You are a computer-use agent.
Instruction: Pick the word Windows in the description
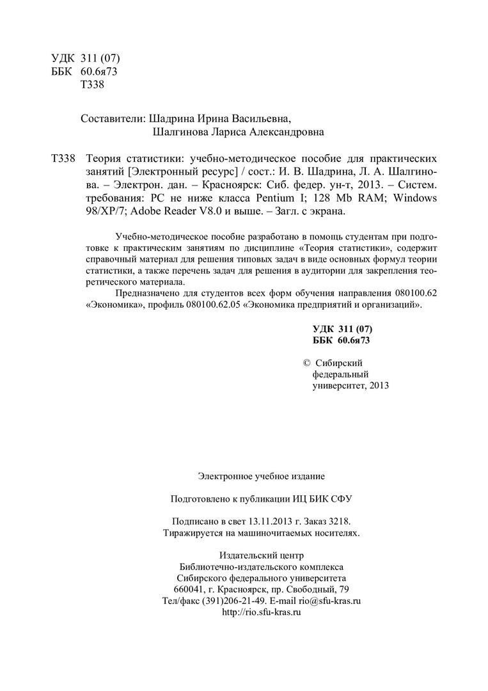(x=415, y=198)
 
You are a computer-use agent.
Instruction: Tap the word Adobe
(x=132, y=212)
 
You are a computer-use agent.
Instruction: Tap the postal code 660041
(x=189, y=589)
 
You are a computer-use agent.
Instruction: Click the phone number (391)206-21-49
(x=233, y=601)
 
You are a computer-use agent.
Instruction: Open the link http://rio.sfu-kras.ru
(x=261, y=612)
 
